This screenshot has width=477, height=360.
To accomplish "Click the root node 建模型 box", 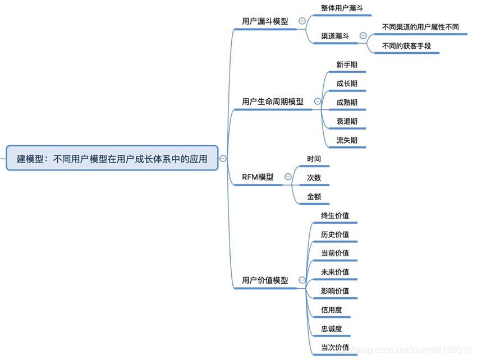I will [x=112, y=159].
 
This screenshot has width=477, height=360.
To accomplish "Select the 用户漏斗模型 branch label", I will [x=265, y=21].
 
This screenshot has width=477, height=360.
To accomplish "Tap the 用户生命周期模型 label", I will [x=273, y=101].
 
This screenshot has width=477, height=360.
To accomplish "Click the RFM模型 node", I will [x=258, y=177].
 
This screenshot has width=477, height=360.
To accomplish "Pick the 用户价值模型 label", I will [x=265, y=280].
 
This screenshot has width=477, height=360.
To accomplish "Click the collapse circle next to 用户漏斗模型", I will [x=302, y=21].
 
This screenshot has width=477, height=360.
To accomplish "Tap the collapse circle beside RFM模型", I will [x=288, y=177].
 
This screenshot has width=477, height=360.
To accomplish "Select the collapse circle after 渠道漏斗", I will [x=362, y=36].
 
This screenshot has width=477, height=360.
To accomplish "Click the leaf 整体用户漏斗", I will [x=342, y=9].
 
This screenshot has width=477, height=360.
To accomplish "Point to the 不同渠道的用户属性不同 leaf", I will [x=420, y=26].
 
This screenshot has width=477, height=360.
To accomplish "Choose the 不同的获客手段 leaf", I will [x=406, y=46].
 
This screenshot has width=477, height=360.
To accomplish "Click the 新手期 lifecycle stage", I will [x=347, y=64].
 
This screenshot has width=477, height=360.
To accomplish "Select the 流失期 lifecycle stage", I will [x=347, y=140].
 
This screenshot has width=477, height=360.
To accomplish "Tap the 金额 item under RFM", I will [x=314, y=197].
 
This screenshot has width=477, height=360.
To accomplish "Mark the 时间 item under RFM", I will [x=314, y=159].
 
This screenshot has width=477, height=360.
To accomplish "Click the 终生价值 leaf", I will [x=335, y=215].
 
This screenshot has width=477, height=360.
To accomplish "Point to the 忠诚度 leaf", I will [x=332, y=329].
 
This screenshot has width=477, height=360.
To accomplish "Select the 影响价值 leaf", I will [x=335, y=291].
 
